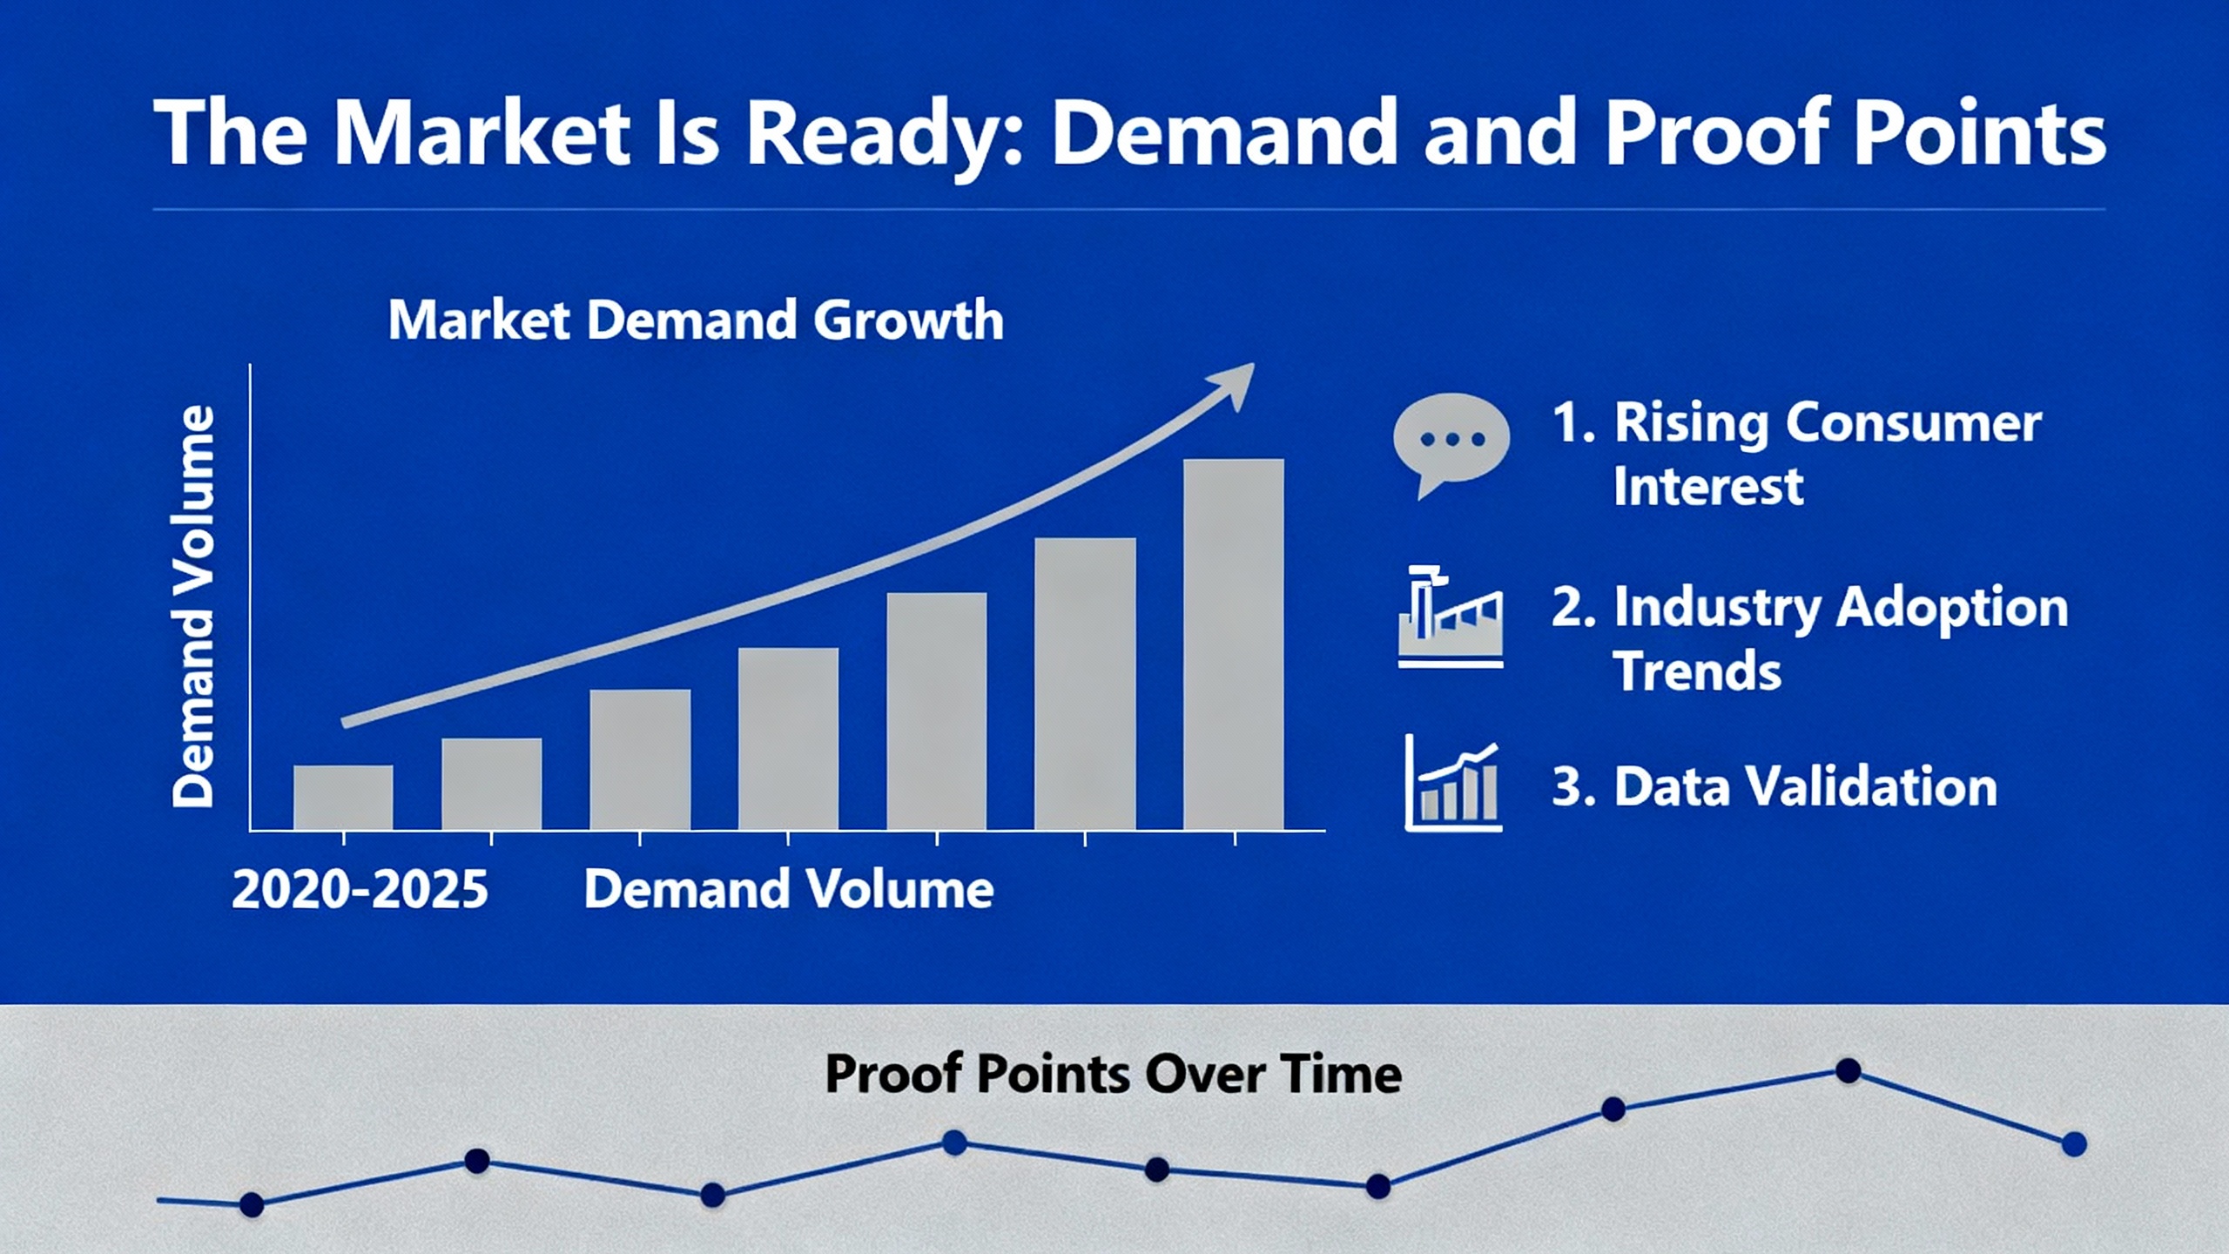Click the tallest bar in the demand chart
tap(1233, 644)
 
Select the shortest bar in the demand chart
tap(343, 798)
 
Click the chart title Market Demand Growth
tap(696, 320)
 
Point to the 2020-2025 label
tap(360, 889)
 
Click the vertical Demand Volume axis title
tap(192, 606)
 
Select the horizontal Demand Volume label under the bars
tap(788, 889)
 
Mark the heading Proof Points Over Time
tap(1113, 1074)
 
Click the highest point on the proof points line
tap(1848, 1071)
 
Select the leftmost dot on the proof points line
tap(252, 1205)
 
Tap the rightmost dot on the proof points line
tap(2074, 1144)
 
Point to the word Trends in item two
tap(1697, 671)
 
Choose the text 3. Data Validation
tap(1774, 785)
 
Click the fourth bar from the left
tap(788, 738)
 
